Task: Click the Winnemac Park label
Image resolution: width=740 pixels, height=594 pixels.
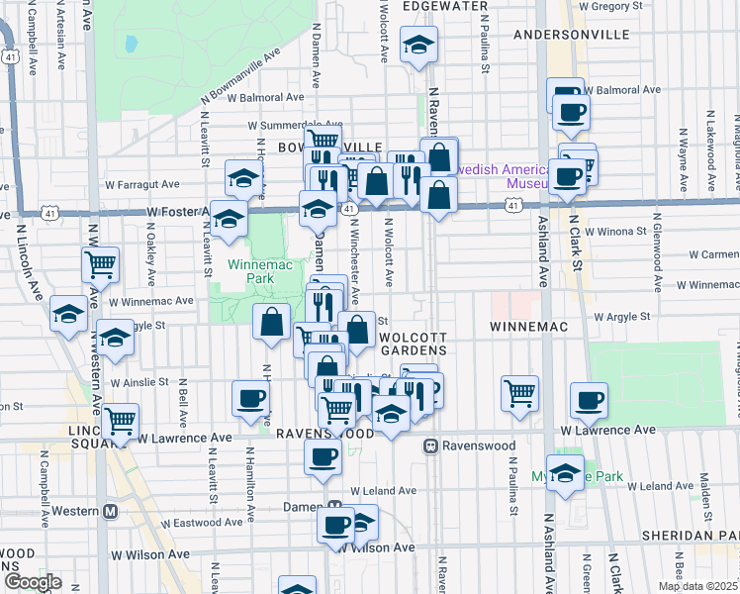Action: pyautogui.click(x=250, y=271)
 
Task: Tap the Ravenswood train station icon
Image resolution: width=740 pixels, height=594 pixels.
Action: pyautogui.click(x=431, y=446)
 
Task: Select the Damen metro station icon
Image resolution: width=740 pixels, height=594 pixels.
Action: pyautogui.click(x=334, y=505)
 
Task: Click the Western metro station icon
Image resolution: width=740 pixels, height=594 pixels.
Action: pyautogui.click(x=111, y=511)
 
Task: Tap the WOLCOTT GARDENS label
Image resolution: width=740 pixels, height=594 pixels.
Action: pyautogui.click(x=415, y=344)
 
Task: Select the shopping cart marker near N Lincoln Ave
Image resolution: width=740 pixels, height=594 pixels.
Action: pyautogui.click(x=101, y=264)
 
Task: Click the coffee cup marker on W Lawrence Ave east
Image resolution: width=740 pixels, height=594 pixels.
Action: pyautogui.click(x=590, y=400)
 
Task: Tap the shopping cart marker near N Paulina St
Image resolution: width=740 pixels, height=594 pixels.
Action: pyautogui.click(x=519, y=393)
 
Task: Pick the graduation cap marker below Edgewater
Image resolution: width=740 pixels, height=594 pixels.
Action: pyautogui.click(x=418, y=44)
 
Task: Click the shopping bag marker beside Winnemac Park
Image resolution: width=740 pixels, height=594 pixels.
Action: pyautogui.click(x=271, y=322)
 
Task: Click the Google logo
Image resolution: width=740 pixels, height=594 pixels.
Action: pyautogui.click(x=33, y=582)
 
